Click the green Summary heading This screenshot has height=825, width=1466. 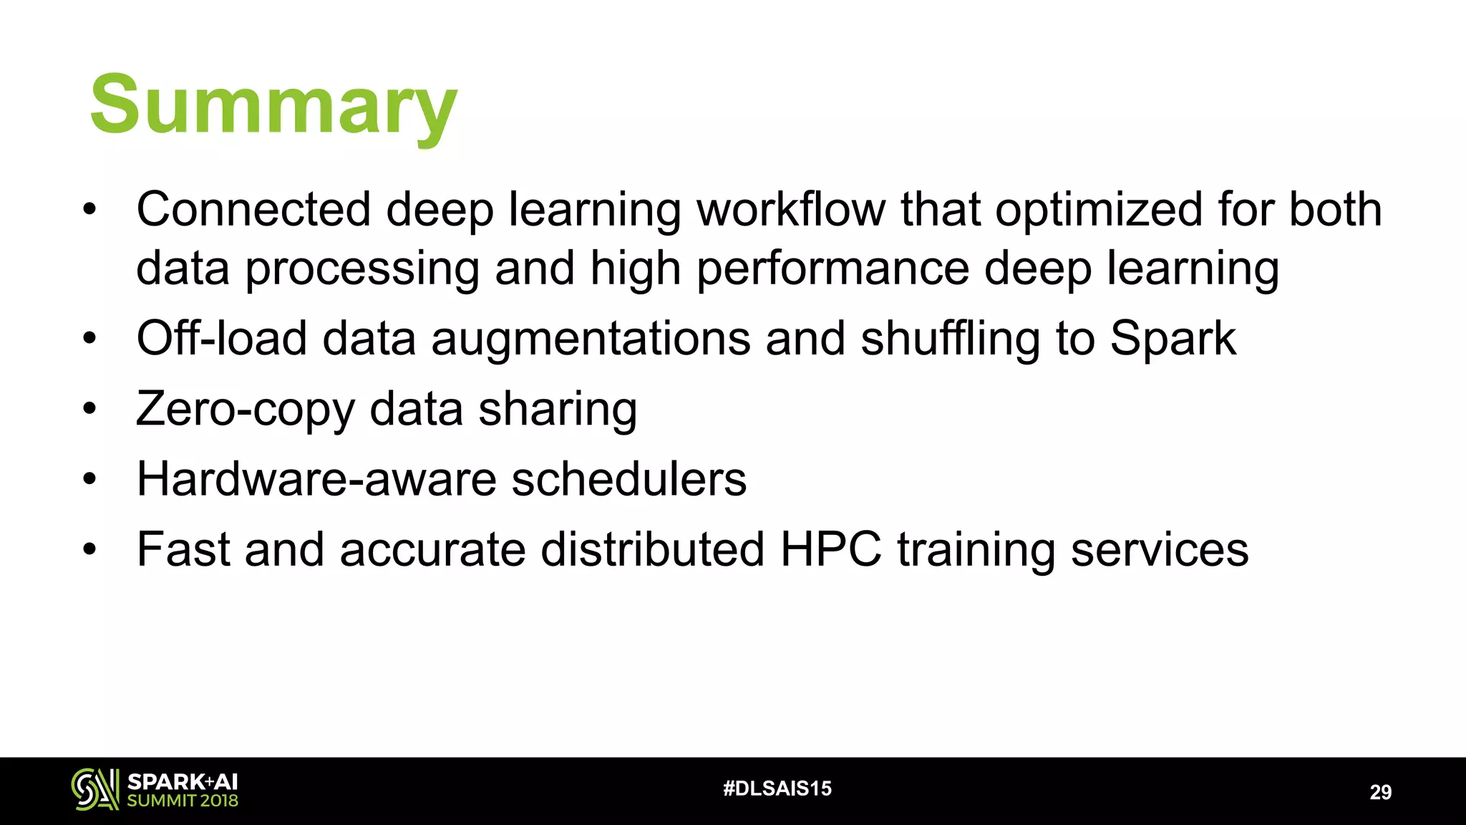[x=273, y=106]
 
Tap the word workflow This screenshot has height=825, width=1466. [x=791, y=210]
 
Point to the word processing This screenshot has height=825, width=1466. [x=362, y=269]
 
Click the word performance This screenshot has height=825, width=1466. [x=832, y=269]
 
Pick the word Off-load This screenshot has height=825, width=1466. [x=221, y=338]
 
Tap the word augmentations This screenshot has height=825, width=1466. [x=591, y=339]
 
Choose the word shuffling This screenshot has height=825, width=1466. [x=951, y=339]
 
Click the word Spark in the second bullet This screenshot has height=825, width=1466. [x=1173, y=339]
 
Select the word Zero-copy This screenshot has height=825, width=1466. [x=245, y=410]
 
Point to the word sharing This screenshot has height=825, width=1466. [x=558, y=410]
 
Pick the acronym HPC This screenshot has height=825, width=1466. [x=830, y=550]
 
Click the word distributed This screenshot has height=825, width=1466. [x=652, y=550]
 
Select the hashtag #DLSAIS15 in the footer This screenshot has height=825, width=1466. [x=777, y=788]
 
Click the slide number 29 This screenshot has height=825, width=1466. [x=1380, y=792]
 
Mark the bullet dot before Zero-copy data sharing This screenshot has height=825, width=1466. [x=89, y=410]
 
